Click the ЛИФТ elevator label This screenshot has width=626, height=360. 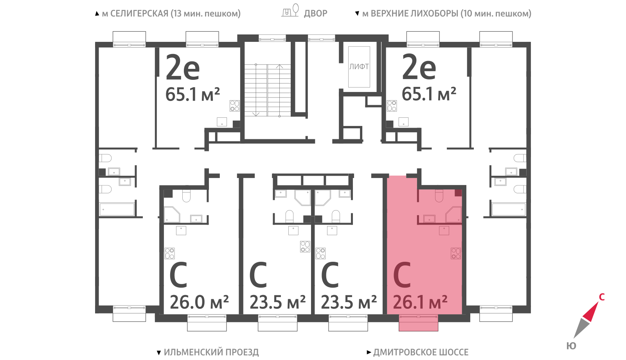tap(359, 67)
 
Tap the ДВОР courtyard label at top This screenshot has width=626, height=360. tap(315, 13)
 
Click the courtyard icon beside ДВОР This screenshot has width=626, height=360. tap(290, 10)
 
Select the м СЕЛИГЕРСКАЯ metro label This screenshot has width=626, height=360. tap(171, 13)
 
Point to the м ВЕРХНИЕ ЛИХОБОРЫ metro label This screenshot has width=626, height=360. tap(446, 13)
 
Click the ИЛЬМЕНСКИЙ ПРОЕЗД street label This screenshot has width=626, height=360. tap(211, 352)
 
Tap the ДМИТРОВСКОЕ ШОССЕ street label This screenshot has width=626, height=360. tap(421, 352)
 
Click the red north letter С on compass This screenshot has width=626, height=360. tap(602, 297)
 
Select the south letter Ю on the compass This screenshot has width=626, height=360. tap(572, 346)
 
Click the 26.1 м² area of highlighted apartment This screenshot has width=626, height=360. tap(420, 302)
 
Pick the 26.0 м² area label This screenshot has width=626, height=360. tap(199, 302)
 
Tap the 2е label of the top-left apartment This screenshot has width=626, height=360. tap(183, 67)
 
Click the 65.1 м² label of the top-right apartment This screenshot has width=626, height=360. tap(429, 94)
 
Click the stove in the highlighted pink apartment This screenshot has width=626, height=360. tap(455, 254)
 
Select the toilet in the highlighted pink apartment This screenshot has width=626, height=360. tap(439, 195)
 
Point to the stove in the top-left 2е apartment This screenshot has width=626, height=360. tap(234, 106)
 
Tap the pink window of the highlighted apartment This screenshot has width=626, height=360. tap(418, 323)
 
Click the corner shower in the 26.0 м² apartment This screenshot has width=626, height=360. tap(172, 215)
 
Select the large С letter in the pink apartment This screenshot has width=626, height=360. tap(402, 275)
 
